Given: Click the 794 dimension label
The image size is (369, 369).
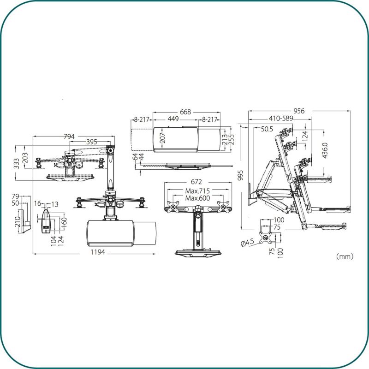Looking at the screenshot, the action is click(x=69, y=137).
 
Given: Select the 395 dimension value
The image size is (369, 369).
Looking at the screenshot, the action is click(x=91, y=142).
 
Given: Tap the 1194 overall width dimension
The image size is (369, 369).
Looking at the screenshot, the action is click(x=98, y=252).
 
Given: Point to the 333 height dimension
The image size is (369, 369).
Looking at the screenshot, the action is click(x=17, y=163).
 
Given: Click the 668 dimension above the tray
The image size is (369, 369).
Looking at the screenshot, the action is click(x=185, y=112).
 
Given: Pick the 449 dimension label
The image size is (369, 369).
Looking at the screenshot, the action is click(x=173, y=119).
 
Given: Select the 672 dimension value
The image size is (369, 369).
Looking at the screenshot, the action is click(x=196, y=182).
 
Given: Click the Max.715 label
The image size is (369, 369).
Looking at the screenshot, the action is click(x=197, y=190).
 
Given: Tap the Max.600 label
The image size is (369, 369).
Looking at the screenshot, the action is click(x=197, y=198).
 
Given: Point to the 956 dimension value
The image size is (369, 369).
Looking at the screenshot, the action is click(x=299, y=111).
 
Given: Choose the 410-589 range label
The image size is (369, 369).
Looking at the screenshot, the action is click(x=281, y=119).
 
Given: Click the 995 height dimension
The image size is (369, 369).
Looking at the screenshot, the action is click(x=240, y=175).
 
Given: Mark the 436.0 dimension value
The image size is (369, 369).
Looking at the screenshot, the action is click(x=325, y=150).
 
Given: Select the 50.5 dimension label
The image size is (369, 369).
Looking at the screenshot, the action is click(x=267, y=129).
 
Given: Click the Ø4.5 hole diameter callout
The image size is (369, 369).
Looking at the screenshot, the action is click(x=248, y=242).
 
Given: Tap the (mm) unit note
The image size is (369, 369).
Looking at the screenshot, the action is click(x=345, y=256).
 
